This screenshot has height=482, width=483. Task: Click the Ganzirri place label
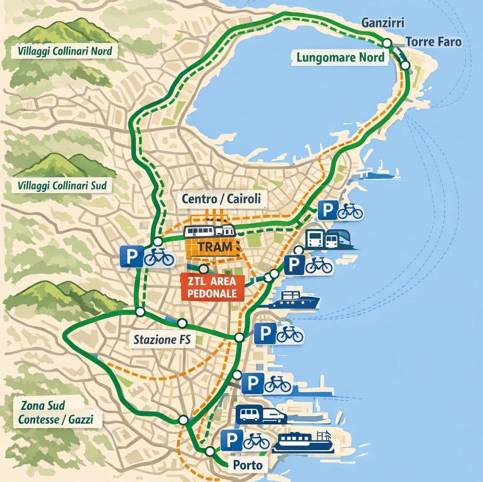tap(383, 22)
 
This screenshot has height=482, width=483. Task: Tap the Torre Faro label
tap(433, 42)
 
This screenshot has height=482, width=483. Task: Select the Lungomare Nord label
tap(341, 58)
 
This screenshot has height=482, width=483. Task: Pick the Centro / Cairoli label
tap(221, 199)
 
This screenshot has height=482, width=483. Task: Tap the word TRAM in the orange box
tap(215, 246)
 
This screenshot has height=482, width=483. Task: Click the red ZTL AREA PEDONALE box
tap(212, 287)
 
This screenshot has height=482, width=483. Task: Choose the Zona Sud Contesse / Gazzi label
tap(56, 412)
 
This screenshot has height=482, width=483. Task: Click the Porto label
tap(248, 466)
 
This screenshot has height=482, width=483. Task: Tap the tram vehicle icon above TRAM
tap(210, 231)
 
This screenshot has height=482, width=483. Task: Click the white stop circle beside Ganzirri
tap(387, 43)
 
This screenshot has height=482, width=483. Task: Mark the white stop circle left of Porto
tap(209, 451)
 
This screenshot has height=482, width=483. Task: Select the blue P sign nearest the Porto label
tap(232, 441)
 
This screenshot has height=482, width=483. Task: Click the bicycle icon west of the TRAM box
tap(159, 257)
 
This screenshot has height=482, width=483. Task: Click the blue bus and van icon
tap(260, 415)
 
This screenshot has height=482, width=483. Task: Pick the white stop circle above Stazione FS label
tap(182, 323)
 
